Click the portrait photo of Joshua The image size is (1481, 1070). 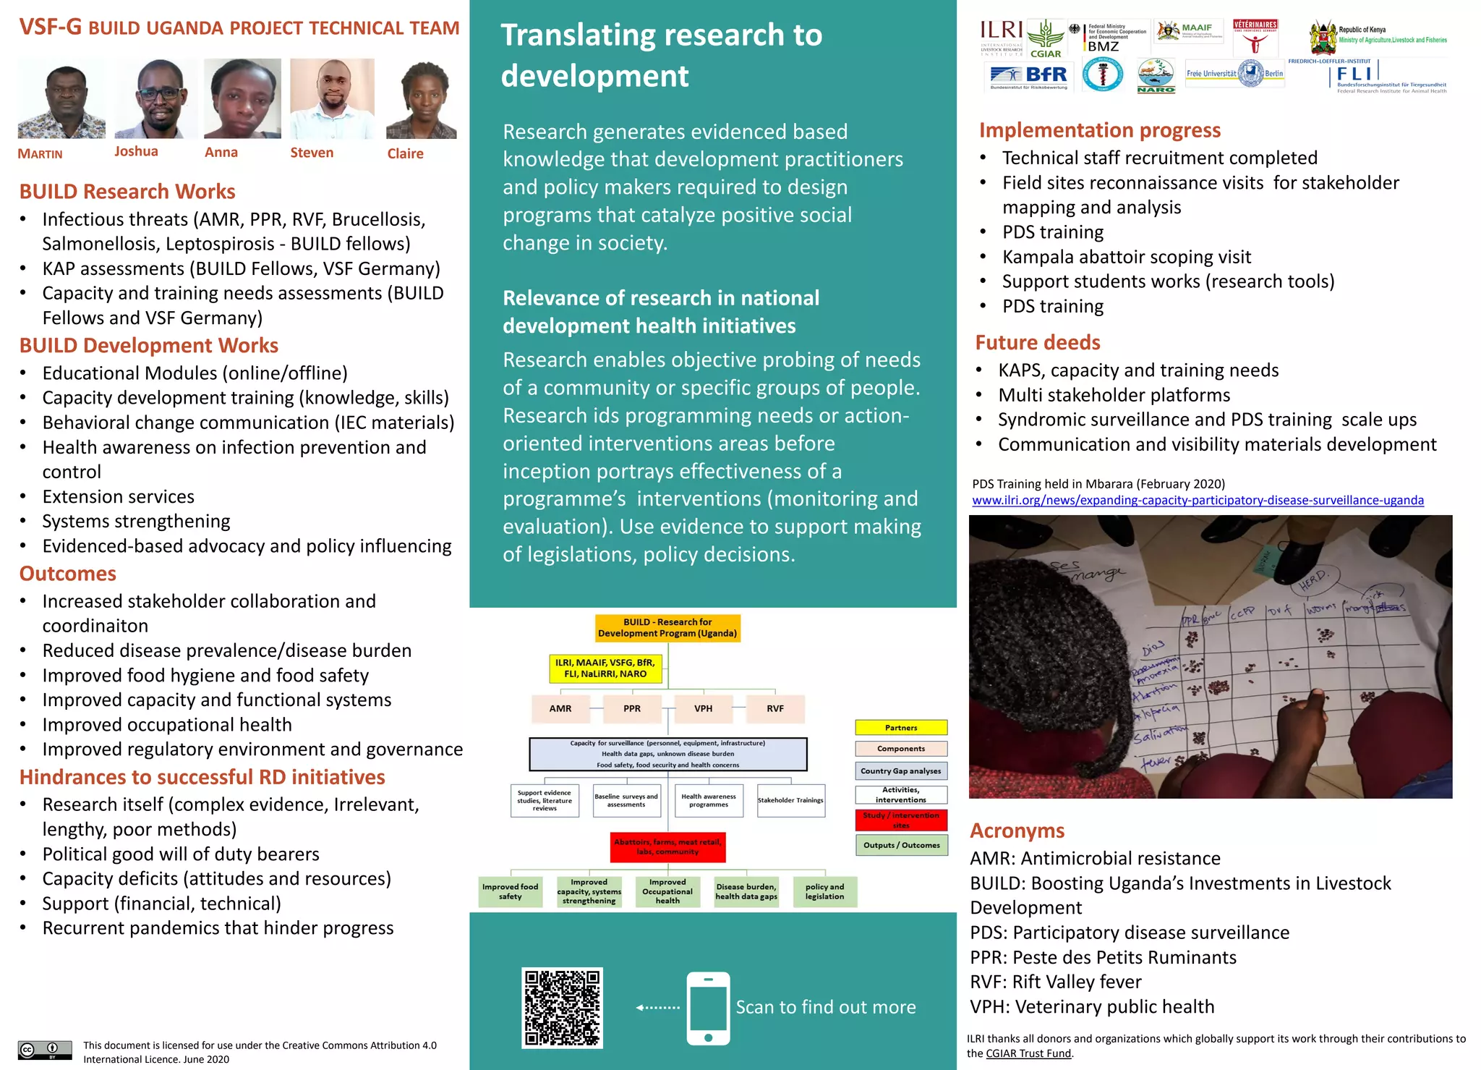point(156,99)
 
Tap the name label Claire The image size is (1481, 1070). point(405,153)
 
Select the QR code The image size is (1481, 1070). point(562,1008)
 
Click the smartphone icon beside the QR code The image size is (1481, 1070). point(708,1008)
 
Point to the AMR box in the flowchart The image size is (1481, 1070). point(560,709)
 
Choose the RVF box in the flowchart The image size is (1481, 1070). point(775,709)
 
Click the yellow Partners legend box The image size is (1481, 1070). point(901,728)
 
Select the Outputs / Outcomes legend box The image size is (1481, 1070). point(901,845)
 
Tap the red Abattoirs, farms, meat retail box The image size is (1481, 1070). point(667,847)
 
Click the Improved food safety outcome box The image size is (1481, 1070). point(511,892)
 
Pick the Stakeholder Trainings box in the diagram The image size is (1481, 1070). point(790,801)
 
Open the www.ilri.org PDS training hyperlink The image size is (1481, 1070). point(1198,500)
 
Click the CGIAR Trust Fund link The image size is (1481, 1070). point(1028,1053)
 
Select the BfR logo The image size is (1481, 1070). point(1029,76)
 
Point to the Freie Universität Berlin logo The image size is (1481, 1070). point(1235,74)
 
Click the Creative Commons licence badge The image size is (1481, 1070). point(45,1050)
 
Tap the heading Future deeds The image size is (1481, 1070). point(1038,342)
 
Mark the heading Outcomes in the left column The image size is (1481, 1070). point(68,574)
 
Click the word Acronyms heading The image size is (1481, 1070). point(1017,831)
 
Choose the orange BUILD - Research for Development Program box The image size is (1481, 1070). point(667,628)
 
